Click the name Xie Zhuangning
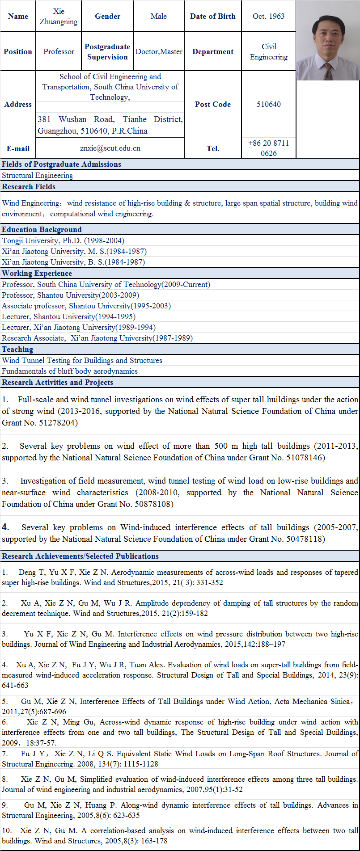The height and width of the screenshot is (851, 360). coord(59,17)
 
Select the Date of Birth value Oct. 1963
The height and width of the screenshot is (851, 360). coord(268,16)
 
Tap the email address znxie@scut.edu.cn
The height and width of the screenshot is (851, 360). coord(110,148)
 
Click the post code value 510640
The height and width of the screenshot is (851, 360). coord(269,104)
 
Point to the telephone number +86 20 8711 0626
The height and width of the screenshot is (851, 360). coord(269,148)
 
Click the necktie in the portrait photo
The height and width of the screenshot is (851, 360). coord(328,71)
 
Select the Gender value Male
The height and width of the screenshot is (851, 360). coord(158,16)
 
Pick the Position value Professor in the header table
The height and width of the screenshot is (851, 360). coord(59,51)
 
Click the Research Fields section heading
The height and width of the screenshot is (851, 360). coord(29,186)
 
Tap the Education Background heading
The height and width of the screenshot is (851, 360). coord(42,229)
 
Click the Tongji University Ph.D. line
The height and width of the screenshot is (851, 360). coord(63,240)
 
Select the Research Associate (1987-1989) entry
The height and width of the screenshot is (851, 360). coord(97,338)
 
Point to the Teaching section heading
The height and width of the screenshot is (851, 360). coord(17,349)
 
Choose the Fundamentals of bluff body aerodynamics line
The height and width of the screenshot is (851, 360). coord(70,371)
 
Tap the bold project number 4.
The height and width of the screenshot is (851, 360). coord(5,527)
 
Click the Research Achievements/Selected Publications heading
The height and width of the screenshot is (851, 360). coord(80,556)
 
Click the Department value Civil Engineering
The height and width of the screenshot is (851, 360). coord(269,51)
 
